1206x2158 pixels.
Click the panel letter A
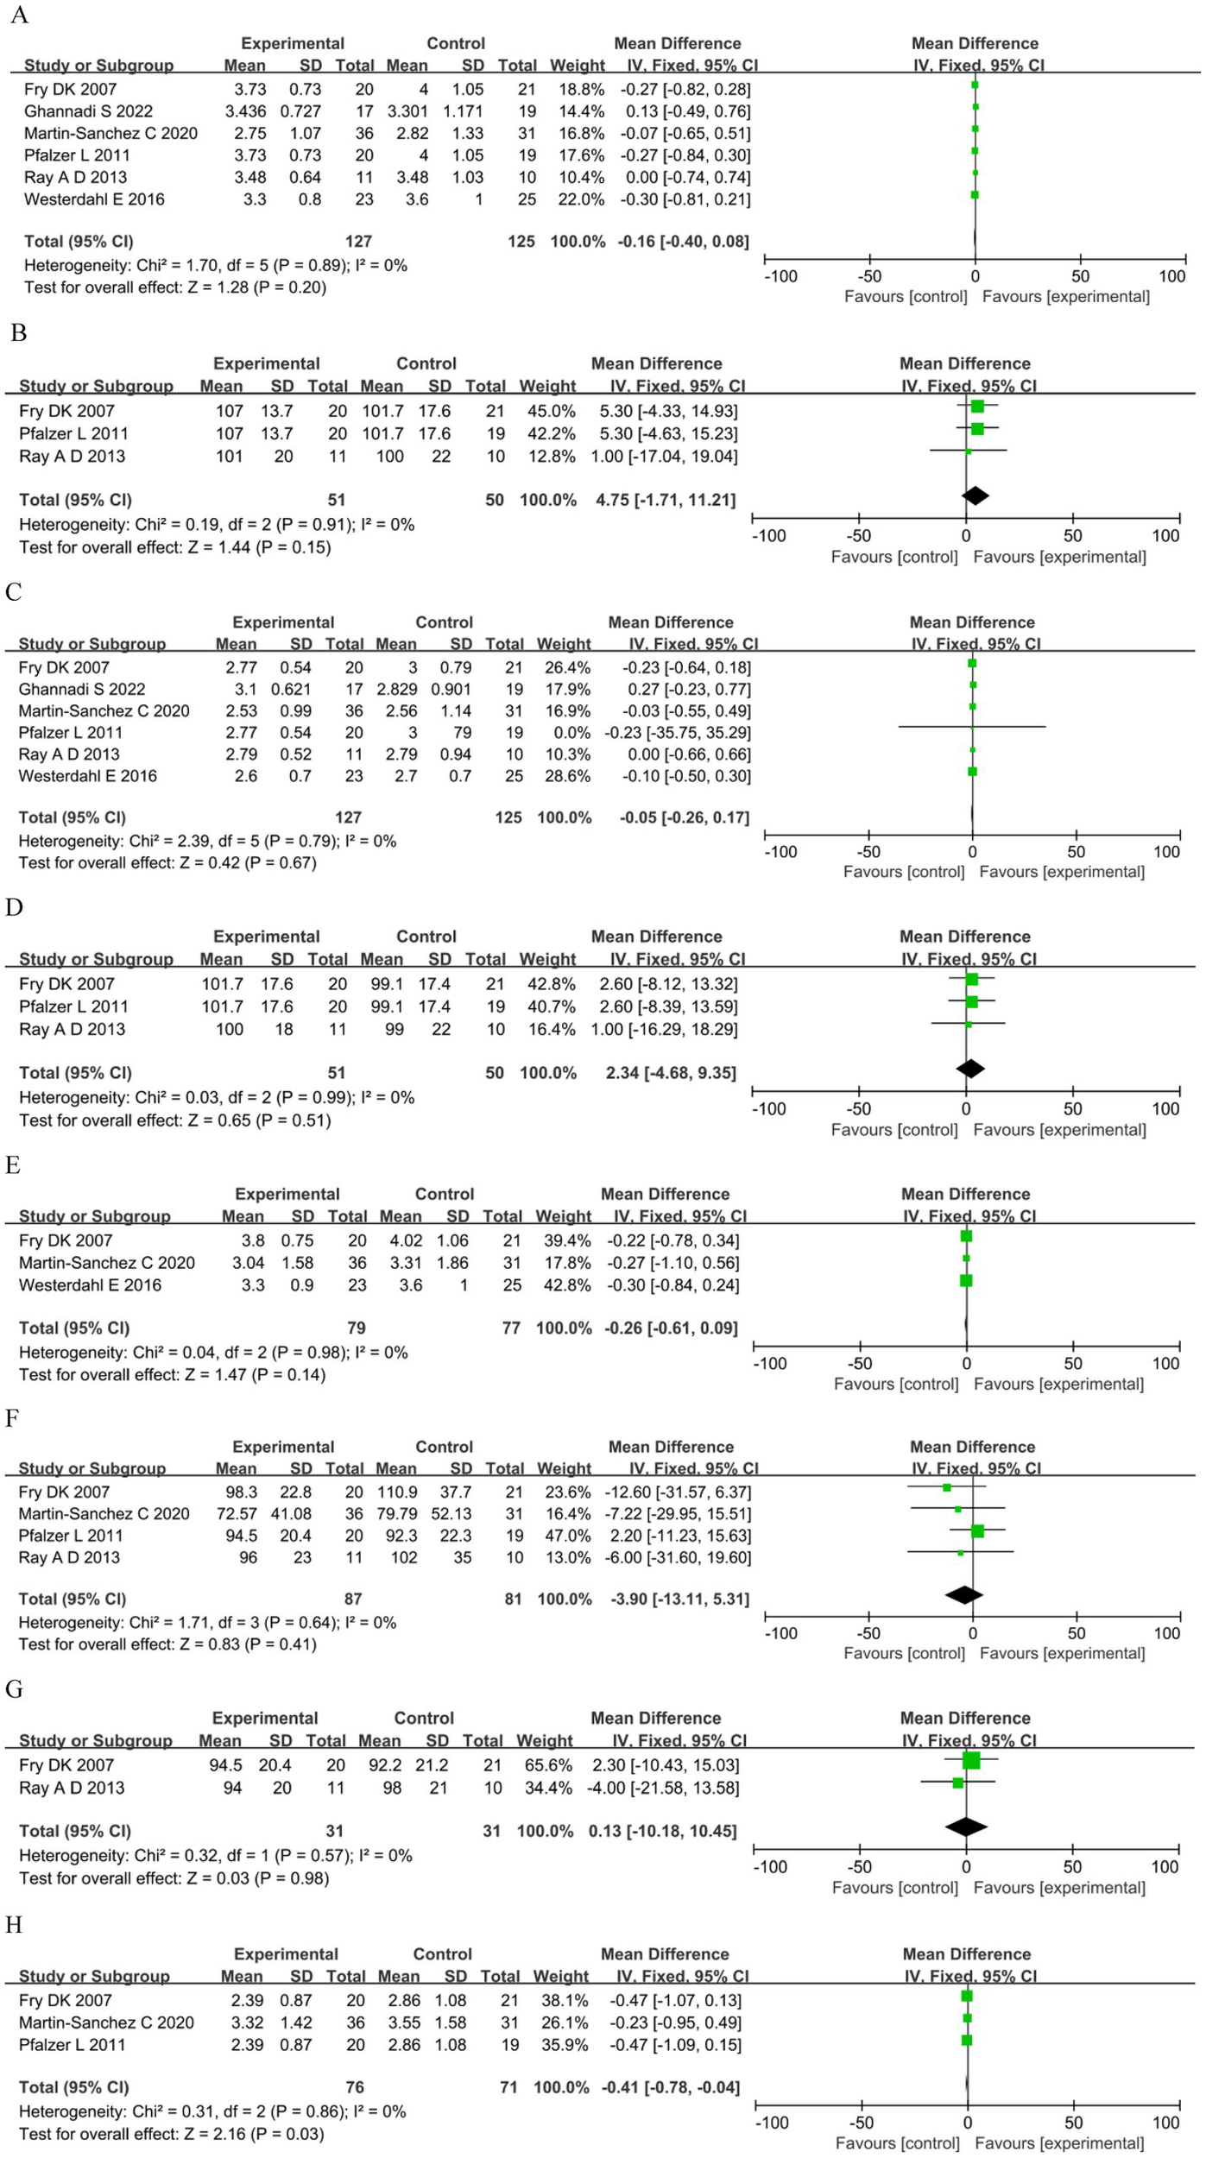19,16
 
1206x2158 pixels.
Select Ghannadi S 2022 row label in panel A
88,111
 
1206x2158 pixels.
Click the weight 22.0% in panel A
577,199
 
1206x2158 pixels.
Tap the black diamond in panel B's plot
975,495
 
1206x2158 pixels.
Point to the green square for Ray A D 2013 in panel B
969,451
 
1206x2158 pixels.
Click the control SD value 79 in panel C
462,733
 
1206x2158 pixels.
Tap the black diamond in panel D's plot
970,1069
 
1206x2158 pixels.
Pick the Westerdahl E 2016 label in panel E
90,1284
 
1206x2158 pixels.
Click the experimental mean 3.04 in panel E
249,1263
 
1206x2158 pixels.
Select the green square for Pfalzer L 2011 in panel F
977,1531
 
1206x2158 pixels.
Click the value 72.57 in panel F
239,1513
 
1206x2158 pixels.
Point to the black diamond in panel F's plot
964,1594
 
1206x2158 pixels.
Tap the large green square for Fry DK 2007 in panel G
971,1760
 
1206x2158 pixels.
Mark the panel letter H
14,1925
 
